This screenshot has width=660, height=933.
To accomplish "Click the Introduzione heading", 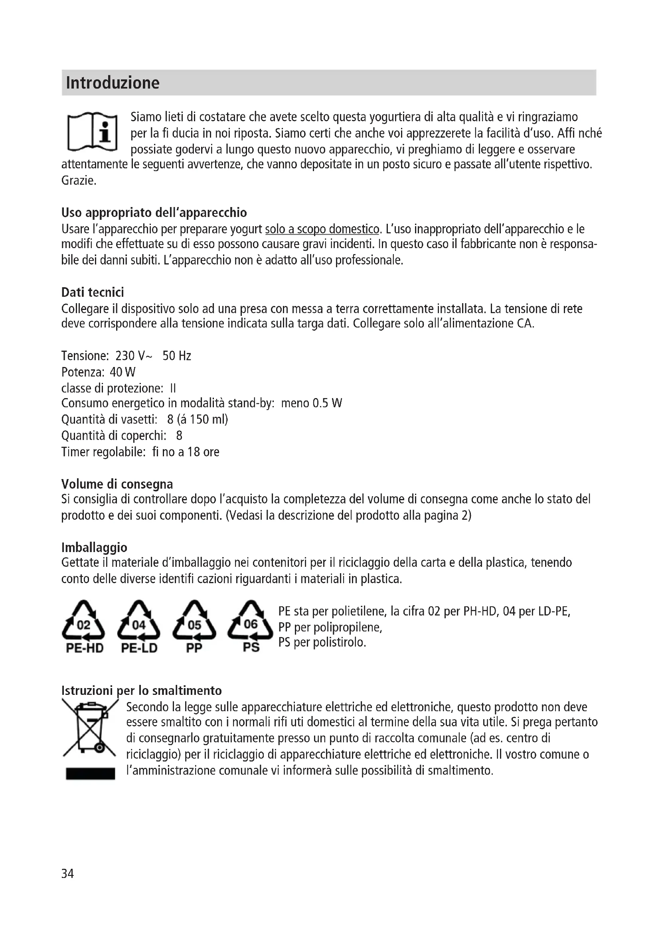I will [113, 83].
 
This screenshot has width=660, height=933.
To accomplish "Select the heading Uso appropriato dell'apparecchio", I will [154, 213].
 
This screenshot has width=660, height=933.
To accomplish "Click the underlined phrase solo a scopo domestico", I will [322, 229].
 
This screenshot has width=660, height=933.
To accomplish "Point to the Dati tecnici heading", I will [93, 292].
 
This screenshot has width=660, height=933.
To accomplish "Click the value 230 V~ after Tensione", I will [134, 356].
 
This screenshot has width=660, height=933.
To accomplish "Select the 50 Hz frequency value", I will [177, 356].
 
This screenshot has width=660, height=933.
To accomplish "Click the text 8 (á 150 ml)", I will [198, 419].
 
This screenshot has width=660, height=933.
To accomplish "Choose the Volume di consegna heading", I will [117, 484].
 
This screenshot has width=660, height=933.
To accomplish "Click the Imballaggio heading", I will [94, 547].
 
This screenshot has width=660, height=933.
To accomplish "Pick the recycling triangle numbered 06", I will [250, 621].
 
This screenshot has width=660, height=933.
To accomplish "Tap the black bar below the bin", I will [90, 774].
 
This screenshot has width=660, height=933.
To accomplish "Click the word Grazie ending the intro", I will [79, 180].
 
